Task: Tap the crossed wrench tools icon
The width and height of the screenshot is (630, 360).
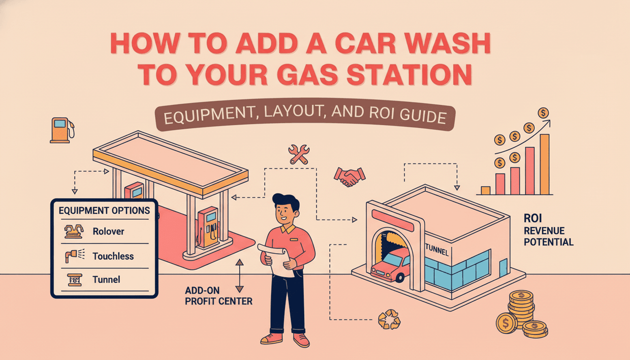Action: tap(299, 154)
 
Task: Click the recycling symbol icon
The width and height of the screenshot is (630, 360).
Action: tap(389, 320)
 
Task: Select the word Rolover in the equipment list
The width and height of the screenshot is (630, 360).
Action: tap(108, 231)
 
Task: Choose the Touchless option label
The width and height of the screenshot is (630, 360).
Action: tap(113, 256)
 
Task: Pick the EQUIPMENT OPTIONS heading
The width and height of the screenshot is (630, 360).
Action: tap(104, 210)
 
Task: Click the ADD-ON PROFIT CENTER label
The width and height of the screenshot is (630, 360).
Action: tap(219, 295)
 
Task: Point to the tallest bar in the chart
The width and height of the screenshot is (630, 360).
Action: tap(544, 164)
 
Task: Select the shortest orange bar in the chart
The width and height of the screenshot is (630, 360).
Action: tap(485, 191)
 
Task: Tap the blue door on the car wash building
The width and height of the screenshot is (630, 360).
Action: tap(503, 268)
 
